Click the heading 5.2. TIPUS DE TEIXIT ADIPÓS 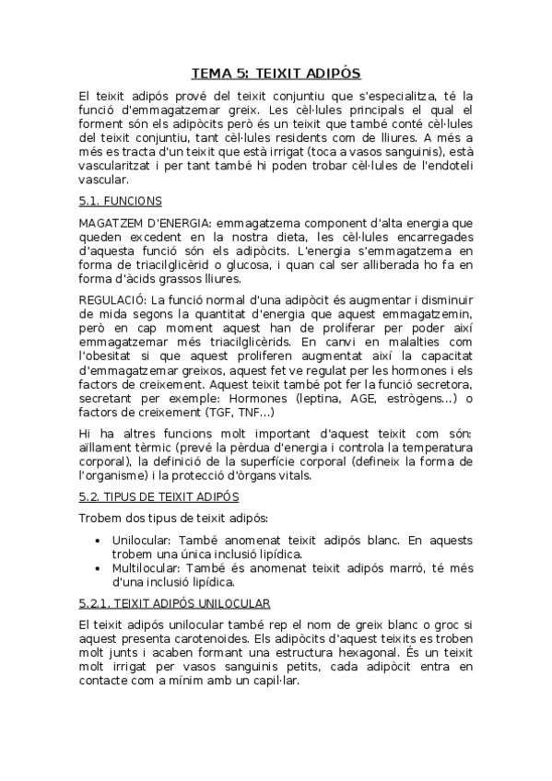click(146, 496)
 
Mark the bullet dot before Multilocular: click(98, 568)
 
